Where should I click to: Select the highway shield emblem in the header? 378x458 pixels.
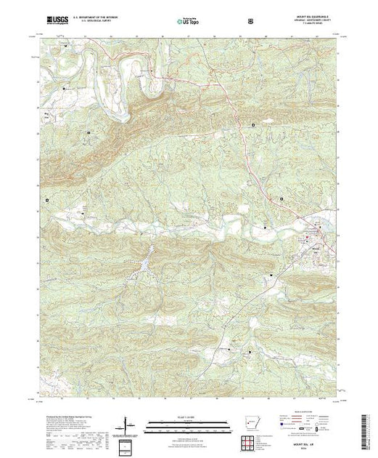click(x=250, y=14)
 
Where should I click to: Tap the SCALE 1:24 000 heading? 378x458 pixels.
click(x=189, y=416)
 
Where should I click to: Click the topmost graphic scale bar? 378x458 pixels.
click(x=189, y=421)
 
